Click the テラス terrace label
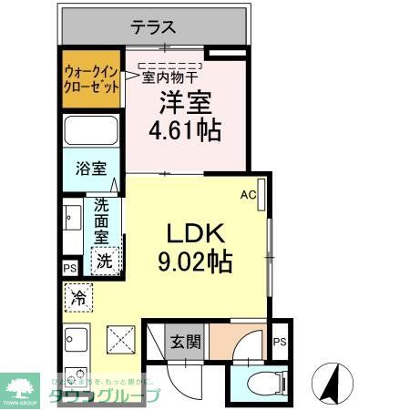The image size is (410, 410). tap(152, 27)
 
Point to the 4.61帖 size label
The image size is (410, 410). tap(185, 131)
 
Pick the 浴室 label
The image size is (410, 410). tap(91, 169)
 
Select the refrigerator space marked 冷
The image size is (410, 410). tap(78, 297)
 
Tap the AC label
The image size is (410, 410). tap(248, 194)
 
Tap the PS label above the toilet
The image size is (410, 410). tap(280, 343)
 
